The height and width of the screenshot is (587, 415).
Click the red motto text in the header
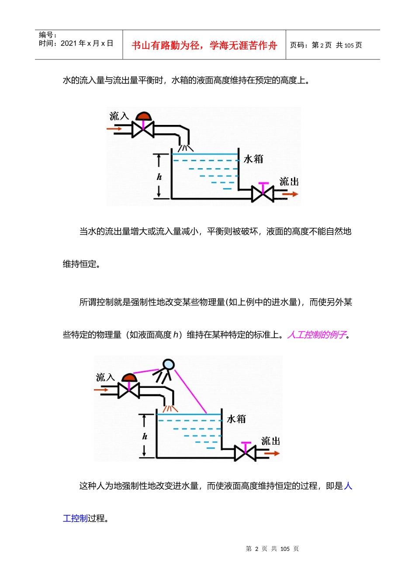tap(204, 45)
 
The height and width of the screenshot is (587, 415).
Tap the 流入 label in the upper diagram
tap(119, 116)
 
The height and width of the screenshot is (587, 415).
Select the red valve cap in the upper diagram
tap(143, 116)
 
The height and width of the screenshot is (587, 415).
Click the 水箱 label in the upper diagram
tap(253, 159)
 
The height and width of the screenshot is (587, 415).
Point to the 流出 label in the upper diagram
tap(289, 182)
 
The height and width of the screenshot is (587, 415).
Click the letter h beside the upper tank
tap(159, 177)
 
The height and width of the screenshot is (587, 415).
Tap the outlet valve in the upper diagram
tap(263, 193)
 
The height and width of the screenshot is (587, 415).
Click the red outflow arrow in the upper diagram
tap(290, 194)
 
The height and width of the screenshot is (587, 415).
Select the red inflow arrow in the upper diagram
tap(114, 129)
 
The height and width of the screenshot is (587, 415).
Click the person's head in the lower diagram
tap(169, 365)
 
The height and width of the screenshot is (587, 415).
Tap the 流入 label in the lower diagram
tap(105, 377)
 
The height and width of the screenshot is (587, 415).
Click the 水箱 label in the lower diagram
tap(236, 419)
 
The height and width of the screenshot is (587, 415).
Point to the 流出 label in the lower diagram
tap(270, 441)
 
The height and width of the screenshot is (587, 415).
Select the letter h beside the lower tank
tap(145, 436)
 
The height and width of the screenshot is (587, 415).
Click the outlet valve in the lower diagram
tap(246, 453)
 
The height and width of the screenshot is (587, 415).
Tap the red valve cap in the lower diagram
tap(129, 377)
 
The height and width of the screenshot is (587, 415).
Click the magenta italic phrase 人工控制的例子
tap(317, 335)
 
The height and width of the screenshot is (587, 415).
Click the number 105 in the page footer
tap(285, 549)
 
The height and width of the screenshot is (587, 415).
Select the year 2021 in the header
tap(69, 43)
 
